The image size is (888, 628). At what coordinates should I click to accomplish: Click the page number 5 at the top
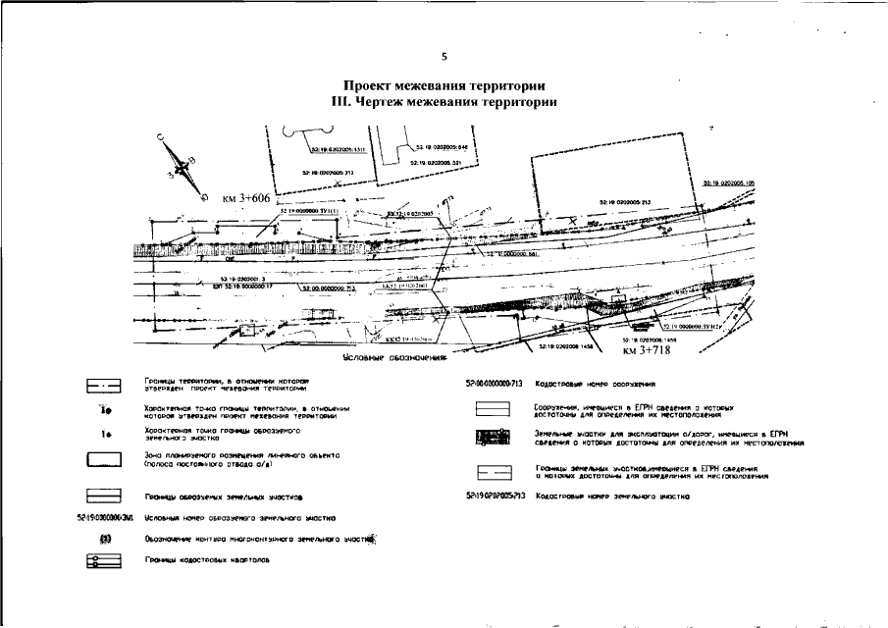click(x=444, y=55)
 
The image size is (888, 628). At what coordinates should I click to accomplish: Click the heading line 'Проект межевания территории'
click(x=444, y=87)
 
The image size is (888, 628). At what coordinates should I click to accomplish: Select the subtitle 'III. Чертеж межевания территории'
click(x=444, y=102)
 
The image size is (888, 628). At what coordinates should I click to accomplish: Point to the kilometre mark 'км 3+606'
click(x=245, y=198)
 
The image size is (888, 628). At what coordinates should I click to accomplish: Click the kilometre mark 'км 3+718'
click(x=645, y=348)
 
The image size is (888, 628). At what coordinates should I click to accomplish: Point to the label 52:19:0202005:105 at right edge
click(x=729, y=183)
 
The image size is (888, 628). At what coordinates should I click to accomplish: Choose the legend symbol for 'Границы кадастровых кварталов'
click(x=103, y=560)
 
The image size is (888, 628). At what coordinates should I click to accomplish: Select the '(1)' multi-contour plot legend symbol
click(x=103, y=538)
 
